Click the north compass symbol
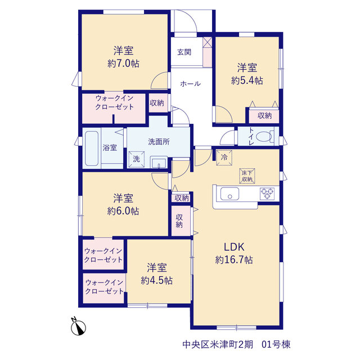pyautogui.click(x=78, y=327)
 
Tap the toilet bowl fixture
pyautogui.click(x=265, y=136)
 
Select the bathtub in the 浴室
pyautogui.click(x=92, y=148)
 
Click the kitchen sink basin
pyautogui.click(x=229, y=194)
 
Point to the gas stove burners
pyautogui.click(x=267, y=193)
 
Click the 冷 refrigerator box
pyautogui.click(x=224, y=157)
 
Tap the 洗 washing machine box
pyautogui.click(x=136, y=159)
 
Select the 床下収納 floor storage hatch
pyautogui.click(x=247, y=176)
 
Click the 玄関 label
pyautogui.click(x=184, y=52)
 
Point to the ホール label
pyautogui.click(x=190, y=84)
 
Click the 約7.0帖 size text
pyautogui.click(x=123, y=64)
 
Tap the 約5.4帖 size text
pyautogui.click(x=247, y=80)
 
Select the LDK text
pyautogui.click(x=234, y=247)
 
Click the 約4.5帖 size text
pyautogui.click(x=156, y=280)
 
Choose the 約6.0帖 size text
pyautogui.click(x=123, y=211)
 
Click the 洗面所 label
pyautogui.click(x=159, y=142)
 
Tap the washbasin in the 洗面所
pyautogui.click(x=159, y=162)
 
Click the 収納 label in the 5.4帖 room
pyautogui.click(x=264, y=115)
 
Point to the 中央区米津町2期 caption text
pyautogui.click(x=218, y=344)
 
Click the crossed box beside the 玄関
pyautogui.click(x=208, y=42)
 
